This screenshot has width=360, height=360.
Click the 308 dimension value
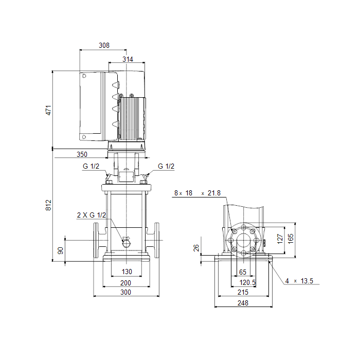104,45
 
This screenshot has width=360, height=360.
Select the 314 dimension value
128,60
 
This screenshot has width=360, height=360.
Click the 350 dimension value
82,154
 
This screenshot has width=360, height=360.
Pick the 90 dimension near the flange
60,250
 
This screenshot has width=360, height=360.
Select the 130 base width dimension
127,272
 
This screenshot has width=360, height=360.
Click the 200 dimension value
125,283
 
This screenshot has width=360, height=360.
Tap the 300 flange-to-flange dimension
125,292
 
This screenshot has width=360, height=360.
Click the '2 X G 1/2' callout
92,215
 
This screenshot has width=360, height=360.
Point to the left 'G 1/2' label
91,166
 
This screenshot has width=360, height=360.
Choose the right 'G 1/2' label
166,166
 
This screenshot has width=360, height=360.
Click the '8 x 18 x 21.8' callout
197,193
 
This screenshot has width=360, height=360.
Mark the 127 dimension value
280,239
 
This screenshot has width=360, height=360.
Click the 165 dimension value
291,238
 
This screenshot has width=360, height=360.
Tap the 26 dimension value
196,248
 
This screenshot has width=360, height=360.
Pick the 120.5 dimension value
247,283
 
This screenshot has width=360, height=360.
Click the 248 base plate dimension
243,303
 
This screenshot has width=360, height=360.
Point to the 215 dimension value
243,292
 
